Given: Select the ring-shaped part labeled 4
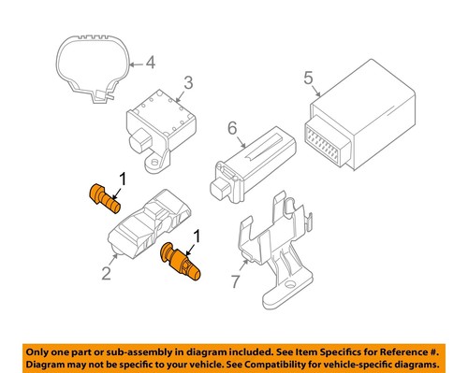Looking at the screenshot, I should click(x=95, y=66).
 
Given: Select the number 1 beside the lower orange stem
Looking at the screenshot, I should click(x=197, y=237).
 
